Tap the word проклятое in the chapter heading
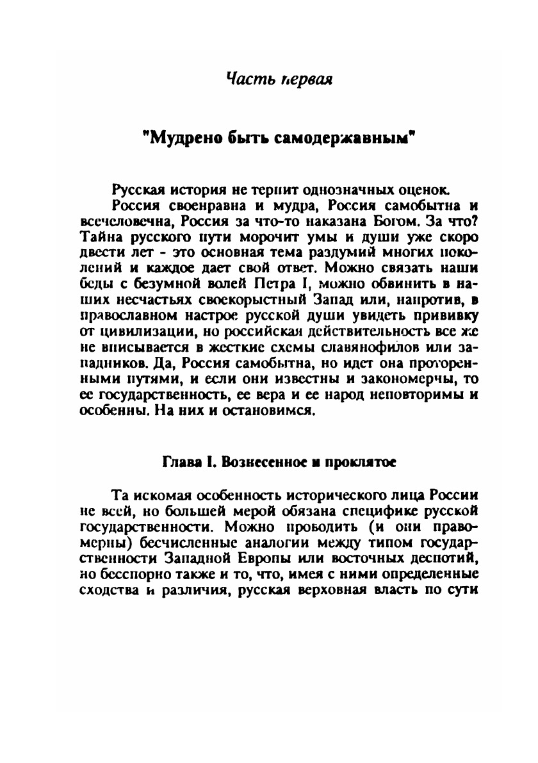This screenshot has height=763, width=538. coord(349,461)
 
